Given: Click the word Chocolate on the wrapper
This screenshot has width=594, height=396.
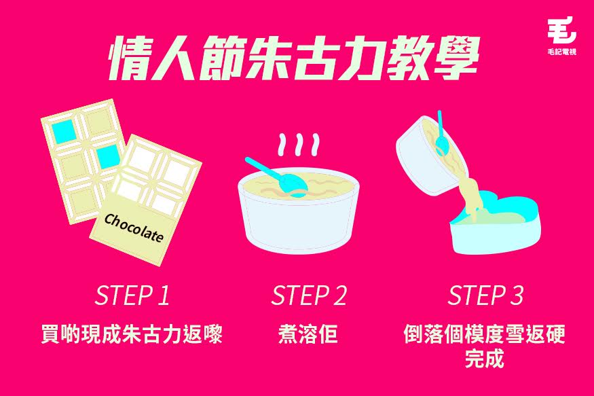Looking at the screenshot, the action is [x=134, y=228].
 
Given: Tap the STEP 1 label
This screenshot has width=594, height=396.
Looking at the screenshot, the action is [x=132, y=295].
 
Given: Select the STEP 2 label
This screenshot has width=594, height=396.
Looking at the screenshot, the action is [x=309, y=295].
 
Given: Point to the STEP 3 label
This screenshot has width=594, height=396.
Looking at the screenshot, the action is [x=485, y=295].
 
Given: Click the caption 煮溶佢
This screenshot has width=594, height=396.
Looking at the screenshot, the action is [x=308, y=334].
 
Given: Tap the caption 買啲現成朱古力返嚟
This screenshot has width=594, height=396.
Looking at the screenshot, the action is [x=132, y=334].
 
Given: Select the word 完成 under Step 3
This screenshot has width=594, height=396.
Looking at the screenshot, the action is [x=485, y=358].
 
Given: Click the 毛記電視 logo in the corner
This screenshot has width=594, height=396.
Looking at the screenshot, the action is [x=562, y=36].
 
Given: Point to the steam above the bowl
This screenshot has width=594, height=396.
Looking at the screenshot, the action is [x=299, y=145].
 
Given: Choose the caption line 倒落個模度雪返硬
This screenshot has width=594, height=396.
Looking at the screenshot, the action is [x=485, y=334].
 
